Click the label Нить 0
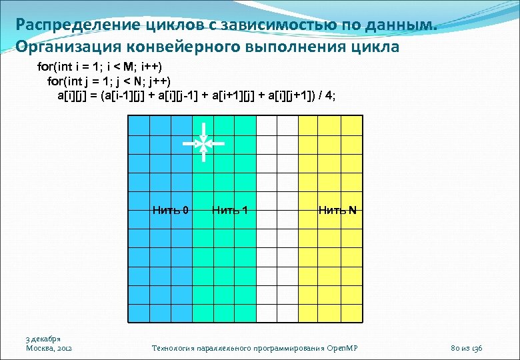pos(170,211)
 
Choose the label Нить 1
pos(230,211)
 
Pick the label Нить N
pos(337,211)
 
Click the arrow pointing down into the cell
pos(203,130)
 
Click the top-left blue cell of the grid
pos(137,125)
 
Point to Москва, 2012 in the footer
pos(49,349)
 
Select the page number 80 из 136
pos(467,349)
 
